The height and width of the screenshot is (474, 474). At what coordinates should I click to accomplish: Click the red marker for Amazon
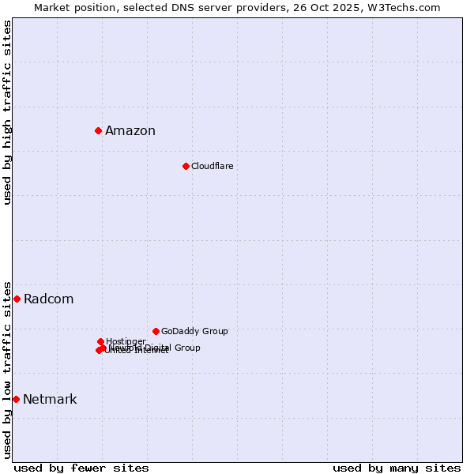click(98, 130)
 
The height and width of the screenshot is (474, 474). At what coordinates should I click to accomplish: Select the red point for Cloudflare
click(186, 166)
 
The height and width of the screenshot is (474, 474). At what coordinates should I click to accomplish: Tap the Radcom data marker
click(17, 299)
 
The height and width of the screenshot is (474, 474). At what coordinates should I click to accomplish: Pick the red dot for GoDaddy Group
click(156, 331)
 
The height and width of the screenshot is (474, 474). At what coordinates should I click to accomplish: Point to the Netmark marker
click(16, 399)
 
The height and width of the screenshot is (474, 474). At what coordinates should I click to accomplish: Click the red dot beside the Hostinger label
click(100, 341)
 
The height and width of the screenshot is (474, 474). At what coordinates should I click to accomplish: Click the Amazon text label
click(130, 131)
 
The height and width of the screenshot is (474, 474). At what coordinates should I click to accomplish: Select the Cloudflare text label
click(212, 167)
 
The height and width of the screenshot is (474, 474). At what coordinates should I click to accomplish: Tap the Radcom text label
click(48, 299)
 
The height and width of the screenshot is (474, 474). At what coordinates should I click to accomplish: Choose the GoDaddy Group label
click(194, 332)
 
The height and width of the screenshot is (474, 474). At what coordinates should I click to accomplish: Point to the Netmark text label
click(50, 400)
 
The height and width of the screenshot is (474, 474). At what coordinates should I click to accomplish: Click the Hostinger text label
click(126, 341)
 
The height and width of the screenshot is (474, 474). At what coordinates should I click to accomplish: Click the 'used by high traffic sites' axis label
click(7, 112)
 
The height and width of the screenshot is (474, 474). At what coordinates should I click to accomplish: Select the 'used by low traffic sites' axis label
click(7, 370)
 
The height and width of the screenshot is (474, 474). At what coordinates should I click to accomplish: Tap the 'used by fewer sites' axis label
click(81, 468)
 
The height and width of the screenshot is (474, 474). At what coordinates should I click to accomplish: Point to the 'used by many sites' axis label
click(397, 468)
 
